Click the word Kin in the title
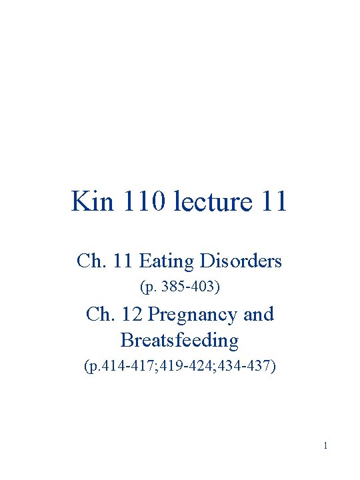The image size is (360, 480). [x=91, y=201]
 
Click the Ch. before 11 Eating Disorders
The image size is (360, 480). [x=90, y=261]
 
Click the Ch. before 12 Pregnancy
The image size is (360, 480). [x=99, y=313]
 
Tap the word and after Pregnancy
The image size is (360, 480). [x=259, y=313]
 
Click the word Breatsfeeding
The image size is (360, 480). [x=179, y=340]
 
